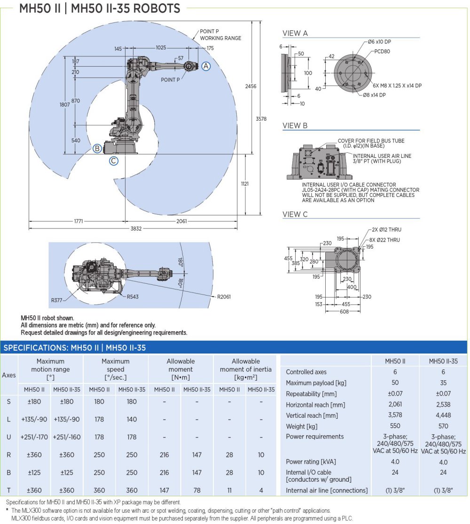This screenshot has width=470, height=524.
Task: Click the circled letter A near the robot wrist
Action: click(x=206, y=67)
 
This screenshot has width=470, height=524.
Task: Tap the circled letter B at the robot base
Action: click(x=97, y=149)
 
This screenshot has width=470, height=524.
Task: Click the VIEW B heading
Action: click(x=295, y=125)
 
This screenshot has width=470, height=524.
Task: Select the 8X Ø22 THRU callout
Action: click(x=384, y=240)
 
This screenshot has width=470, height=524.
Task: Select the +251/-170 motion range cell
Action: click(x=33, y=437)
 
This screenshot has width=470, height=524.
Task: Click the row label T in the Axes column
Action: click(x=8, y=491)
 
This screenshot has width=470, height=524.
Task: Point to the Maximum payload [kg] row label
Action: click(x=316, y=383)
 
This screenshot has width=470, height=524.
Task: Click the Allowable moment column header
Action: click(x=180, y=365)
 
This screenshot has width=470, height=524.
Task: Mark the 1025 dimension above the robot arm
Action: click(x=161, y=48)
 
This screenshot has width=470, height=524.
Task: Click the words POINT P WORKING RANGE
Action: click(x=220, y=34)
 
